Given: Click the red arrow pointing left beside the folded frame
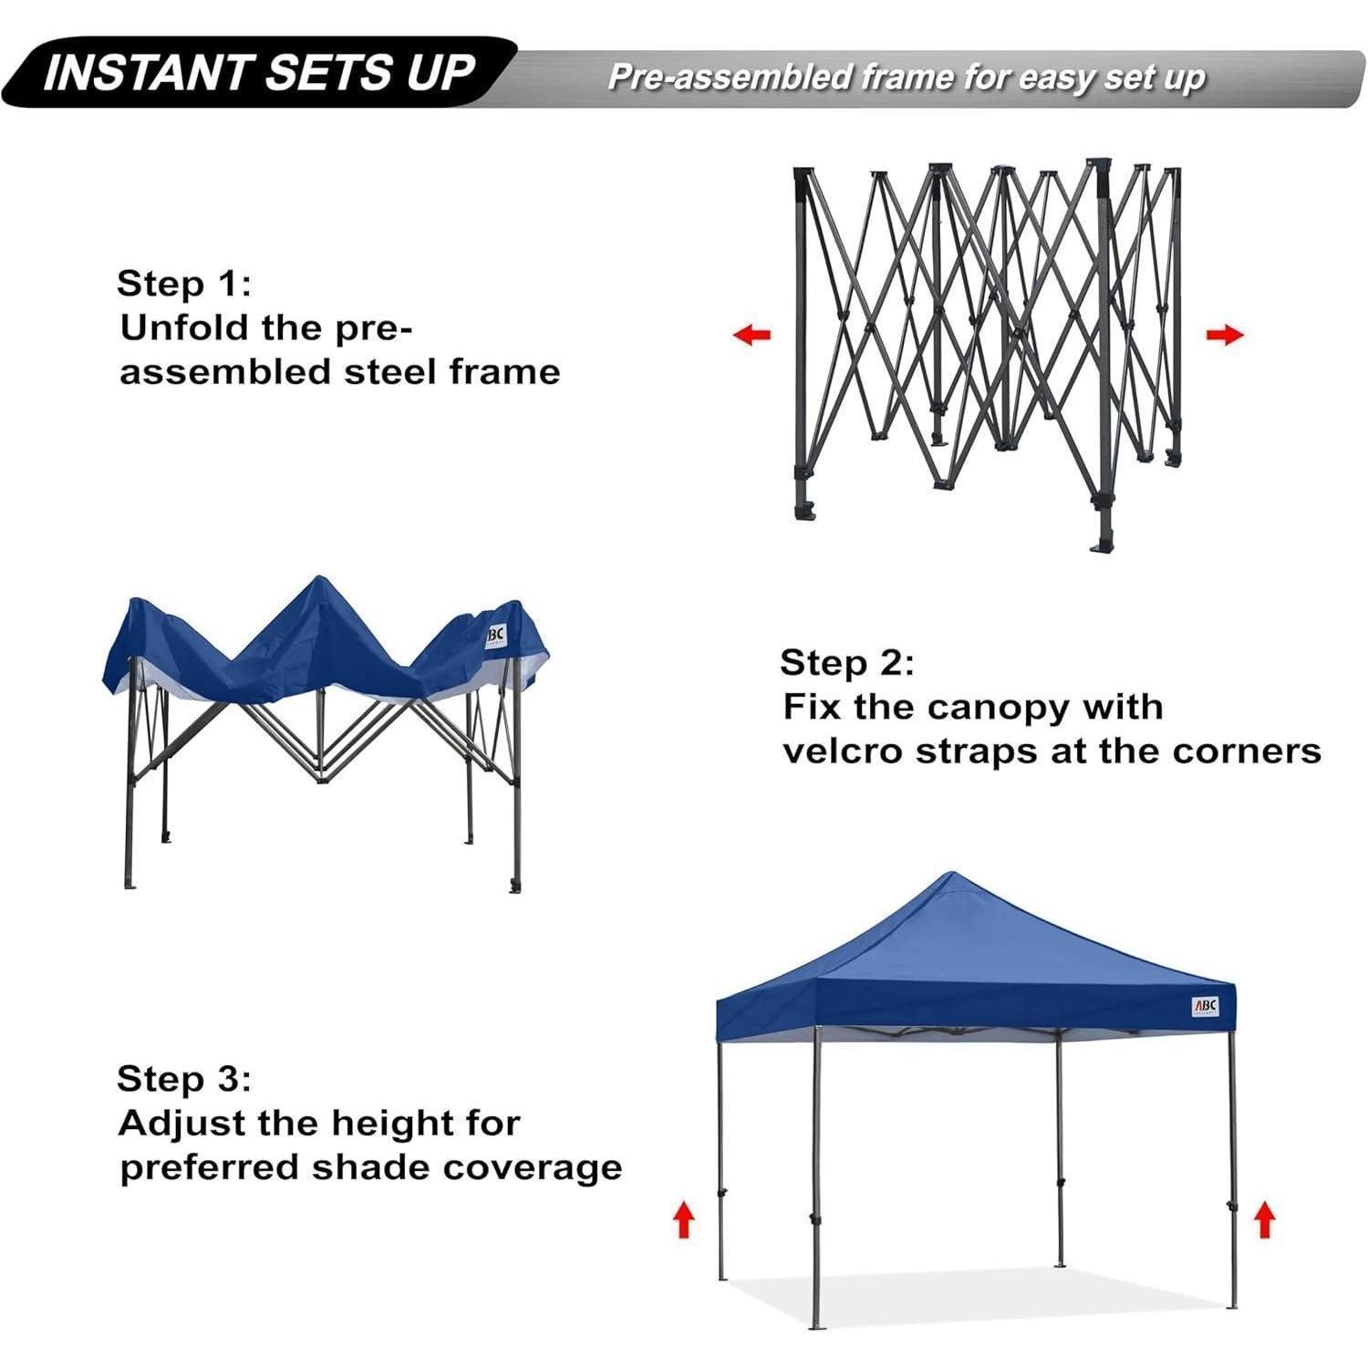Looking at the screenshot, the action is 751,335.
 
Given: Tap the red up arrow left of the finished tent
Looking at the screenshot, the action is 683,1219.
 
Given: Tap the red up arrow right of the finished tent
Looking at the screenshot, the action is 1263,1219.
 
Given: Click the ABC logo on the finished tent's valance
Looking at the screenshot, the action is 1206,1006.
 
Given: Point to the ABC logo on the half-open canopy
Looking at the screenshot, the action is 495,636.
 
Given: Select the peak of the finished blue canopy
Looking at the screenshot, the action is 950,873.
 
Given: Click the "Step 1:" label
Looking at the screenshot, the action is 183,283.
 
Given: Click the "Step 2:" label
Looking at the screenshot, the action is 846,662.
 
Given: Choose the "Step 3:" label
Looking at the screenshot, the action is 183,1078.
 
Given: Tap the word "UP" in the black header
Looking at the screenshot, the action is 440,73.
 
